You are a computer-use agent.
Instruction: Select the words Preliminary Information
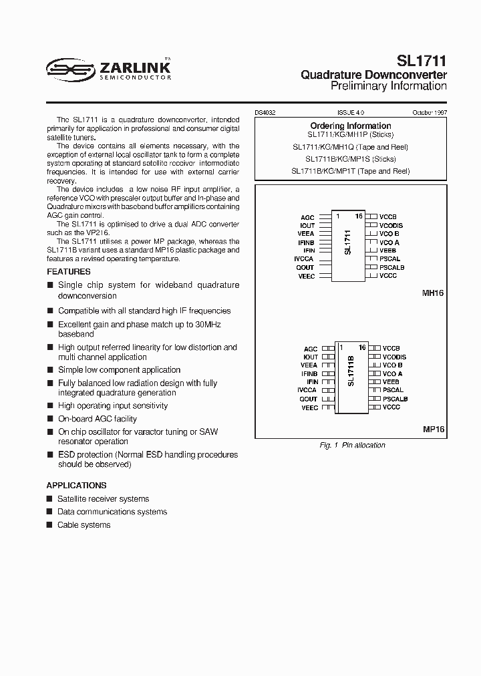pos(389,86)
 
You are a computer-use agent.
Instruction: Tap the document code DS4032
pos(266,114)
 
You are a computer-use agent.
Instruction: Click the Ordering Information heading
pos(351,126)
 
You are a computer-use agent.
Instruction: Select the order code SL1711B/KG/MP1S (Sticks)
pos(351,159)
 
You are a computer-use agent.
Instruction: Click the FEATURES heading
pos(69,272)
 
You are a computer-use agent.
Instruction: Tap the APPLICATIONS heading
pos(76,486)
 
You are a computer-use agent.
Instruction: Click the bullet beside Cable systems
pos(50,525)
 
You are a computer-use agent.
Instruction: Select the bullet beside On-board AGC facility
pos(50,419)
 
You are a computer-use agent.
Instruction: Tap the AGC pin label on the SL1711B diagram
pos(311,349)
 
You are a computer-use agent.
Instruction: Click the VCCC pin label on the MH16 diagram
pos(388,275)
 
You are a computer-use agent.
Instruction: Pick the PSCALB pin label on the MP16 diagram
pos(395,399)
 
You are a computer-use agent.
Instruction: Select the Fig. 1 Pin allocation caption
pos(353,446)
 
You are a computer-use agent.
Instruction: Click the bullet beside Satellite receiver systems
pos(50,499)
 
